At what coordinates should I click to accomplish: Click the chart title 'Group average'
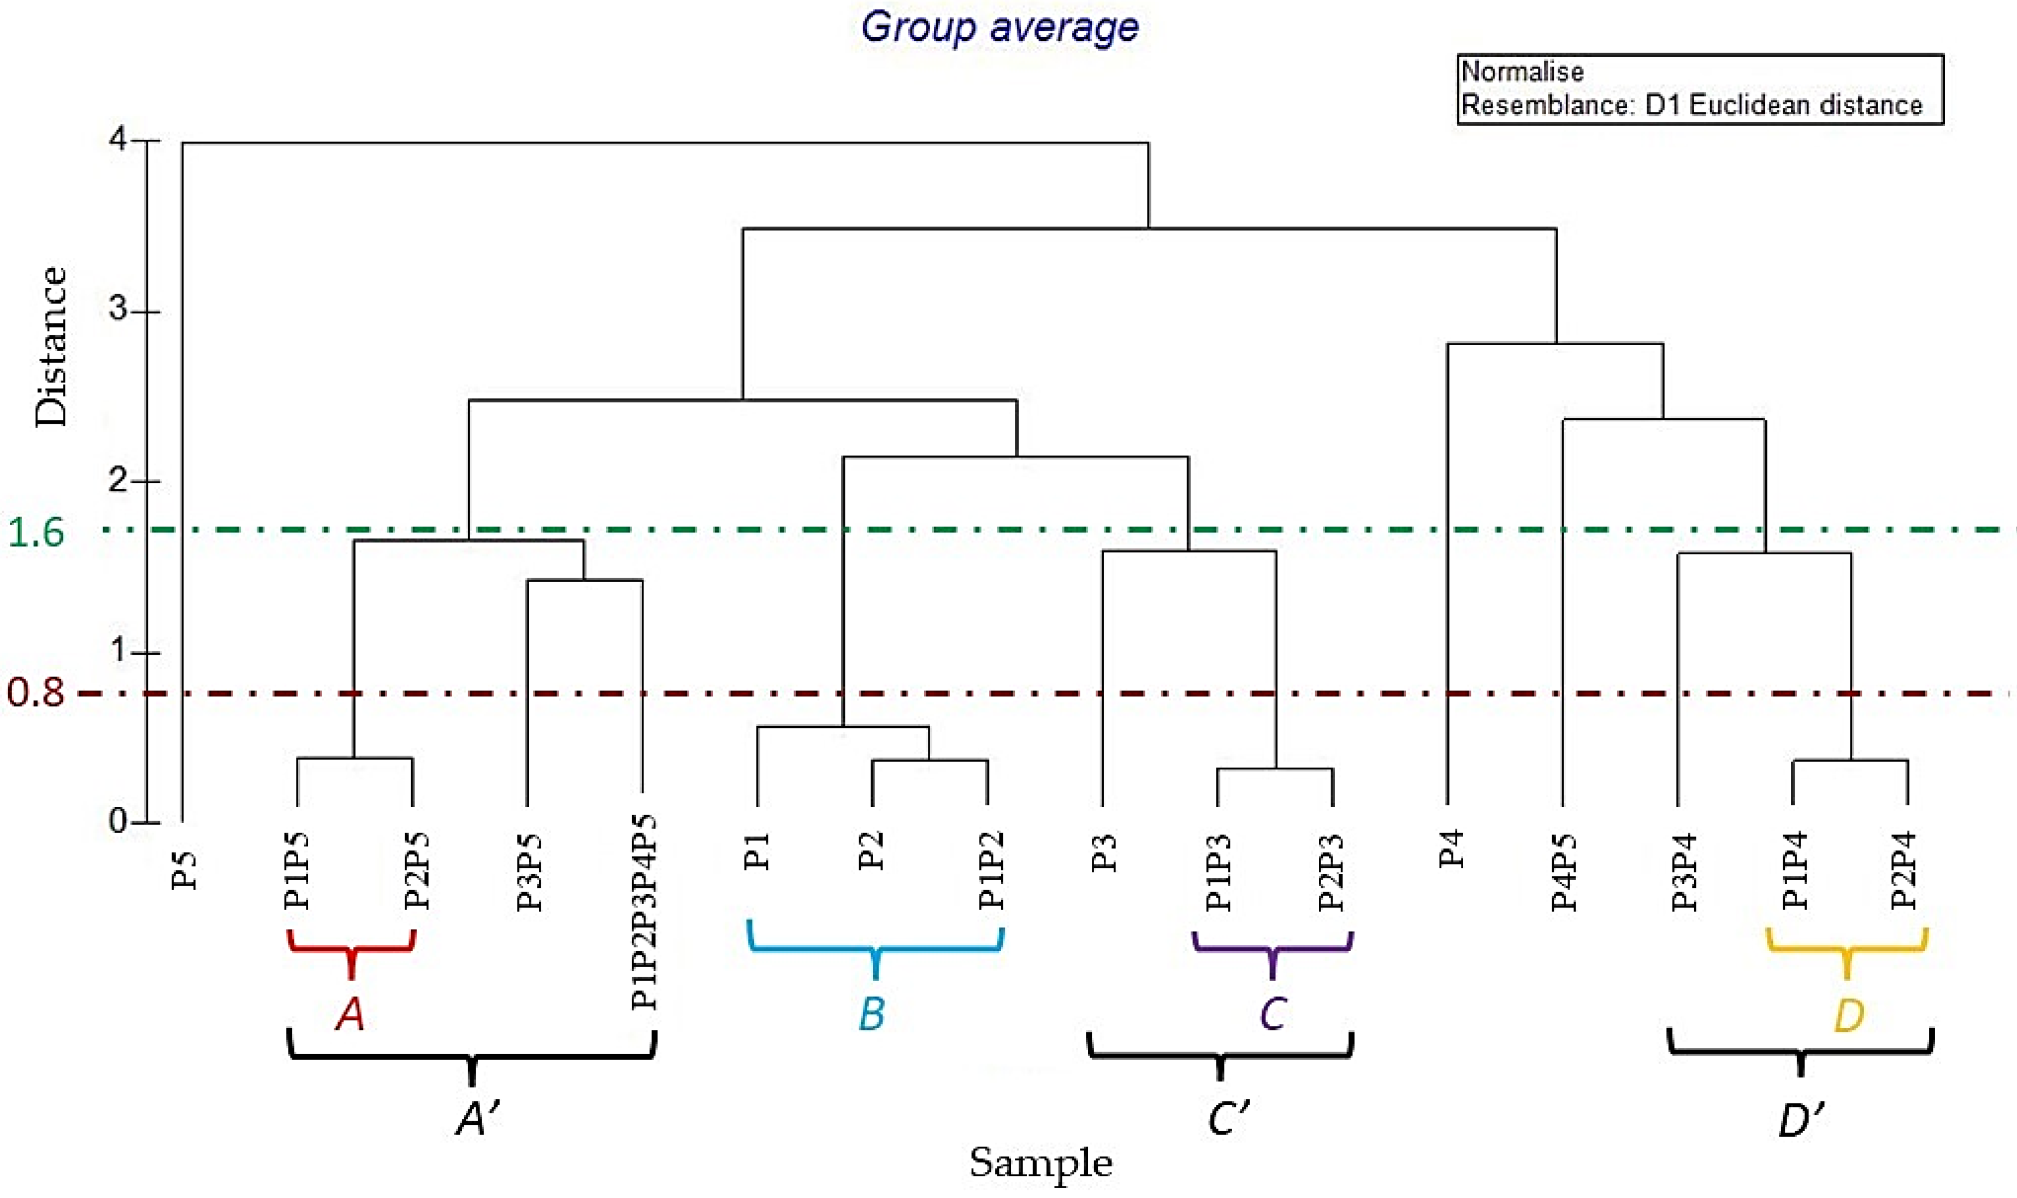click(x=999, y=27)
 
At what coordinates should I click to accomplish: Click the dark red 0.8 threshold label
click(x=36, y=692)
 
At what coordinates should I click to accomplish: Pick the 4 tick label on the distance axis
click(x=119, y=140)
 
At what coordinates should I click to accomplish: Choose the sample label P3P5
click(x=529, y=872)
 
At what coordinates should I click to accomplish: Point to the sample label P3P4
click(x=1683, y=872)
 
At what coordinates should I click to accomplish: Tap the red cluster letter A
click(x=351, y=1014)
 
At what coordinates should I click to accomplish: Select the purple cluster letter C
click(x=1273, y=1014)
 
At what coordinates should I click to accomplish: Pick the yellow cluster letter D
click(x=1849, y=1014)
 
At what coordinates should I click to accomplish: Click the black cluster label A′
click(x=478, y=1119)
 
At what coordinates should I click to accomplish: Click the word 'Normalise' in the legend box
click(x=1523, y=72)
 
